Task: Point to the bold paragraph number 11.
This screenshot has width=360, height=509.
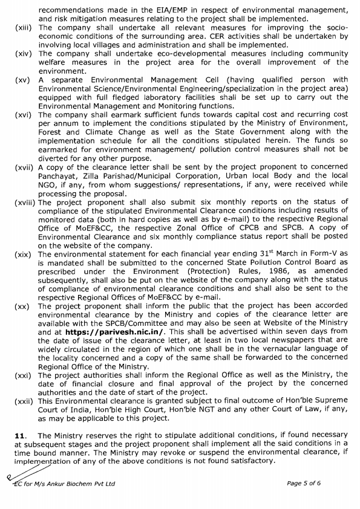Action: pyautogui.click(x=20, y=435)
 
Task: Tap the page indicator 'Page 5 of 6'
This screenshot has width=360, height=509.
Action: pyautogui.click(x=305, y=484)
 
